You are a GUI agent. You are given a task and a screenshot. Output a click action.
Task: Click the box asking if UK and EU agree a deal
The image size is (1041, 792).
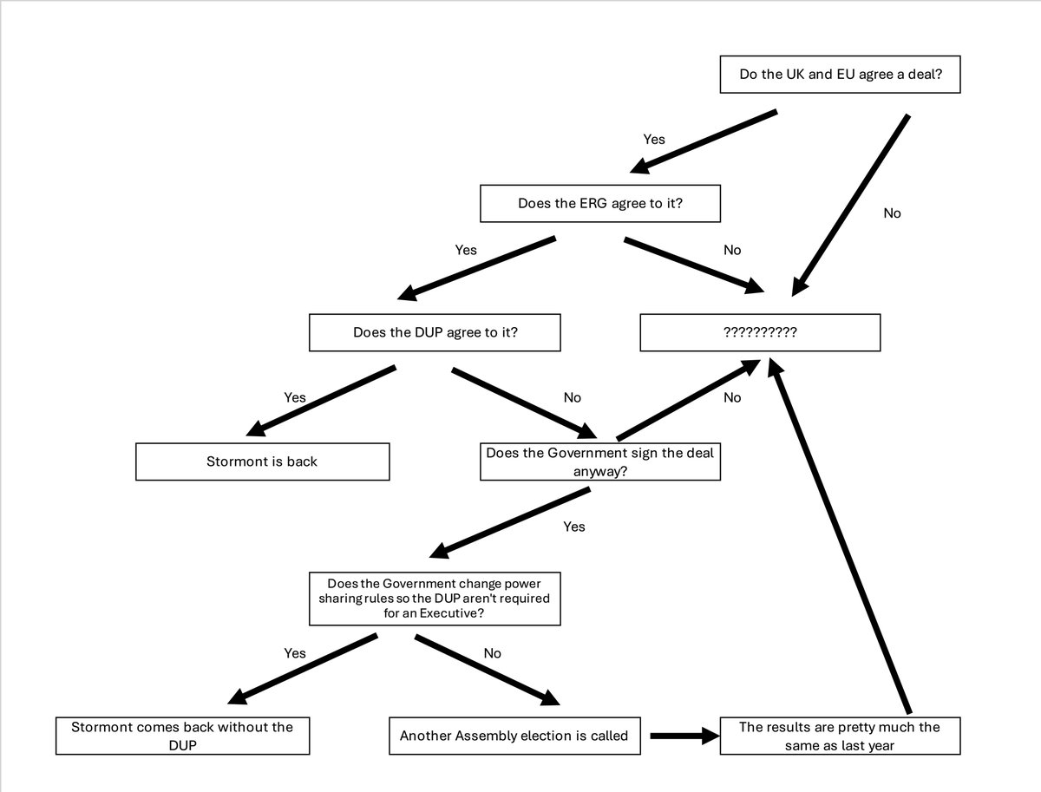[x=841, y=75]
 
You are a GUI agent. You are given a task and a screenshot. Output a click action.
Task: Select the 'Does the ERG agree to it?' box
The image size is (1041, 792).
[x=600, y=204]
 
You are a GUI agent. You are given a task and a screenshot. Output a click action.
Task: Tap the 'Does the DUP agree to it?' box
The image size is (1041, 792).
[x=435, y=332]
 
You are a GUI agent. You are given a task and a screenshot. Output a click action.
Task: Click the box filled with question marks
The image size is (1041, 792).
[x=760, y=332]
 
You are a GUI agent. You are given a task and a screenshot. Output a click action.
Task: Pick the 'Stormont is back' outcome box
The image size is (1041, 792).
[x=262, y=461]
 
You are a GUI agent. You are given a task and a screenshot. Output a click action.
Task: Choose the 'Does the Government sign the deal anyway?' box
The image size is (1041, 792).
[x=600, y=461]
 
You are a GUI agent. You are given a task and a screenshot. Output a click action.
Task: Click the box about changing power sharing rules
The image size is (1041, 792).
[x=435, y=599]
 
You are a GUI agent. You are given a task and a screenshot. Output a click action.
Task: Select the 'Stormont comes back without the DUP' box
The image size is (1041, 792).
[x=182, y=735]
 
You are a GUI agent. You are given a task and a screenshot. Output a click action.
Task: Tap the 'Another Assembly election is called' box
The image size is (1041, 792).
[x=514, y=736]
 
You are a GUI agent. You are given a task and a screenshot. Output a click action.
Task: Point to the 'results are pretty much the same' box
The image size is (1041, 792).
[x=840, y=735]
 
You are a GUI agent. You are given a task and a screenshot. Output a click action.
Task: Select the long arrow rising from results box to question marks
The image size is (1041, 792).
[x=841, y=538]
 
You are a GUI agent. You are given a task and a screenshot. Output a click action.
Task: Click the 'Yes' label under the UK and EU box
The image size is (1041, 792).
[x=654, y=139]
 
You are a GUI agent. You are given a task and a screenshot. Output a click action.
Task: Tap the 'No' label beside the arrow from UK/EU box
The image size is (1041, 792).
[x=892, y=213]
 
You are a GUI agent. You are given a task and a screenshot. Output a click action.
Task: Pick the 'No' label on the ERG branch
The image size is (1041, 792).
[x=732, y=250]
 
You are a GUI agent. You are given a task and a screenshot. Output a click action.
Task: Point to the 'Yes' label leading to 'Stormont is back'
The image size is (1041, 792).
[x=295, y=397]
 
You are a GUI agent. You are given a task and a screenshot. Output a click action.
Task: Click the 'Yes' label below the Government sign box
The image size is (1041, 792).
[x=574, y=527]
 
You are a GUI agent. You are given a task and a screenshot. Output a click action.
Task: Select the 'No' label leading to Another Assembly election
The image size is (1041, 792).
[x=492, y=653]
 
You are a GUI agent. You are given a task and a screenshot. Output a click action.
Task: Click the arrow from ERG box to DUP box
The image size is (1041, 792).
[x=476, y=266]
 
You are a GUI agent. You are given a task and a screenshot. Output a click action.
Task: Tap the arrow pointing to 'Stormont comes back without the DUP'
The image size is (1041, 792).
[x=304, y=668]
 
